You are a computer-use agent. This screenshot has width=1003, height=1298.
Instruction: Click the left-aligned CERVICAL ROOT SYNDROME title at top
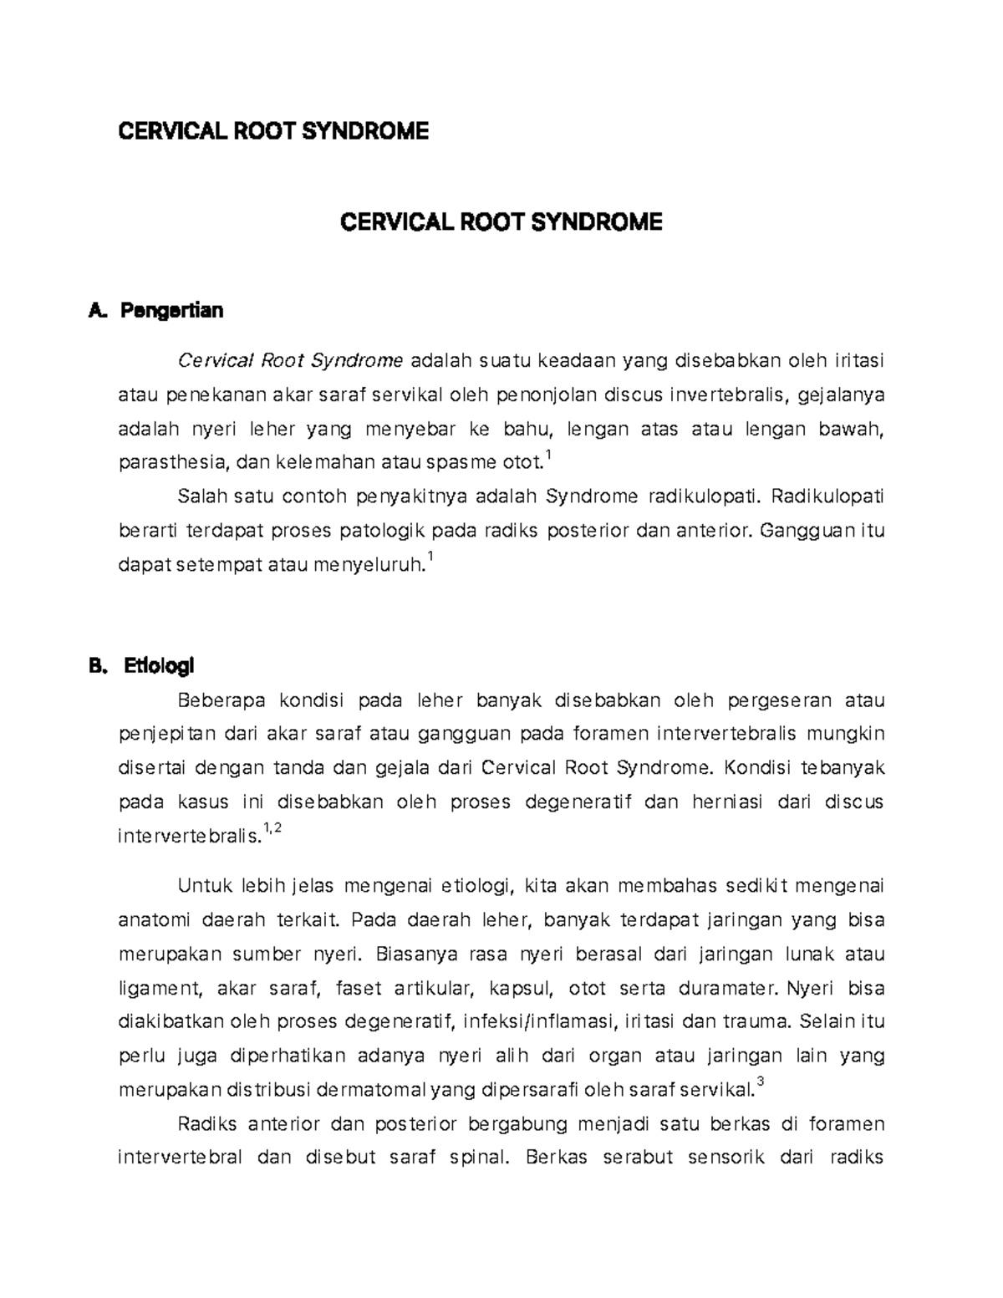(273, 130)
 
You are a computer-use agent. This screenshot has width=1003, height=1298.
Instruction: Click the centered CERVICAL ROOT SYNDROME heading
(501, 221)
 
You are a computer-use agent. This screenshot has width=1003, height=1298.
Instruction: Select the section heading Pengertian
(171, 311)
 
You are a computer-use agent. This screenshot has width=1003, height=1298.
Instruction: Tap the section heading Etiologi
(158, 666)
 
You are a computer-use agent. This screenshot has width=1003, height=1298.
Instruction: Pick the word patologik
(385, 531)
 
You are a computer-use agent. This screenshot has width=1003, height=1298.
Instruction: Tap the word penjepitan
(167, 735)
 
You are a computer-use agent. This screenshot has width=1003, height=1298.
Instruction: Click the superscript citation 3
(759, 1084)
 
